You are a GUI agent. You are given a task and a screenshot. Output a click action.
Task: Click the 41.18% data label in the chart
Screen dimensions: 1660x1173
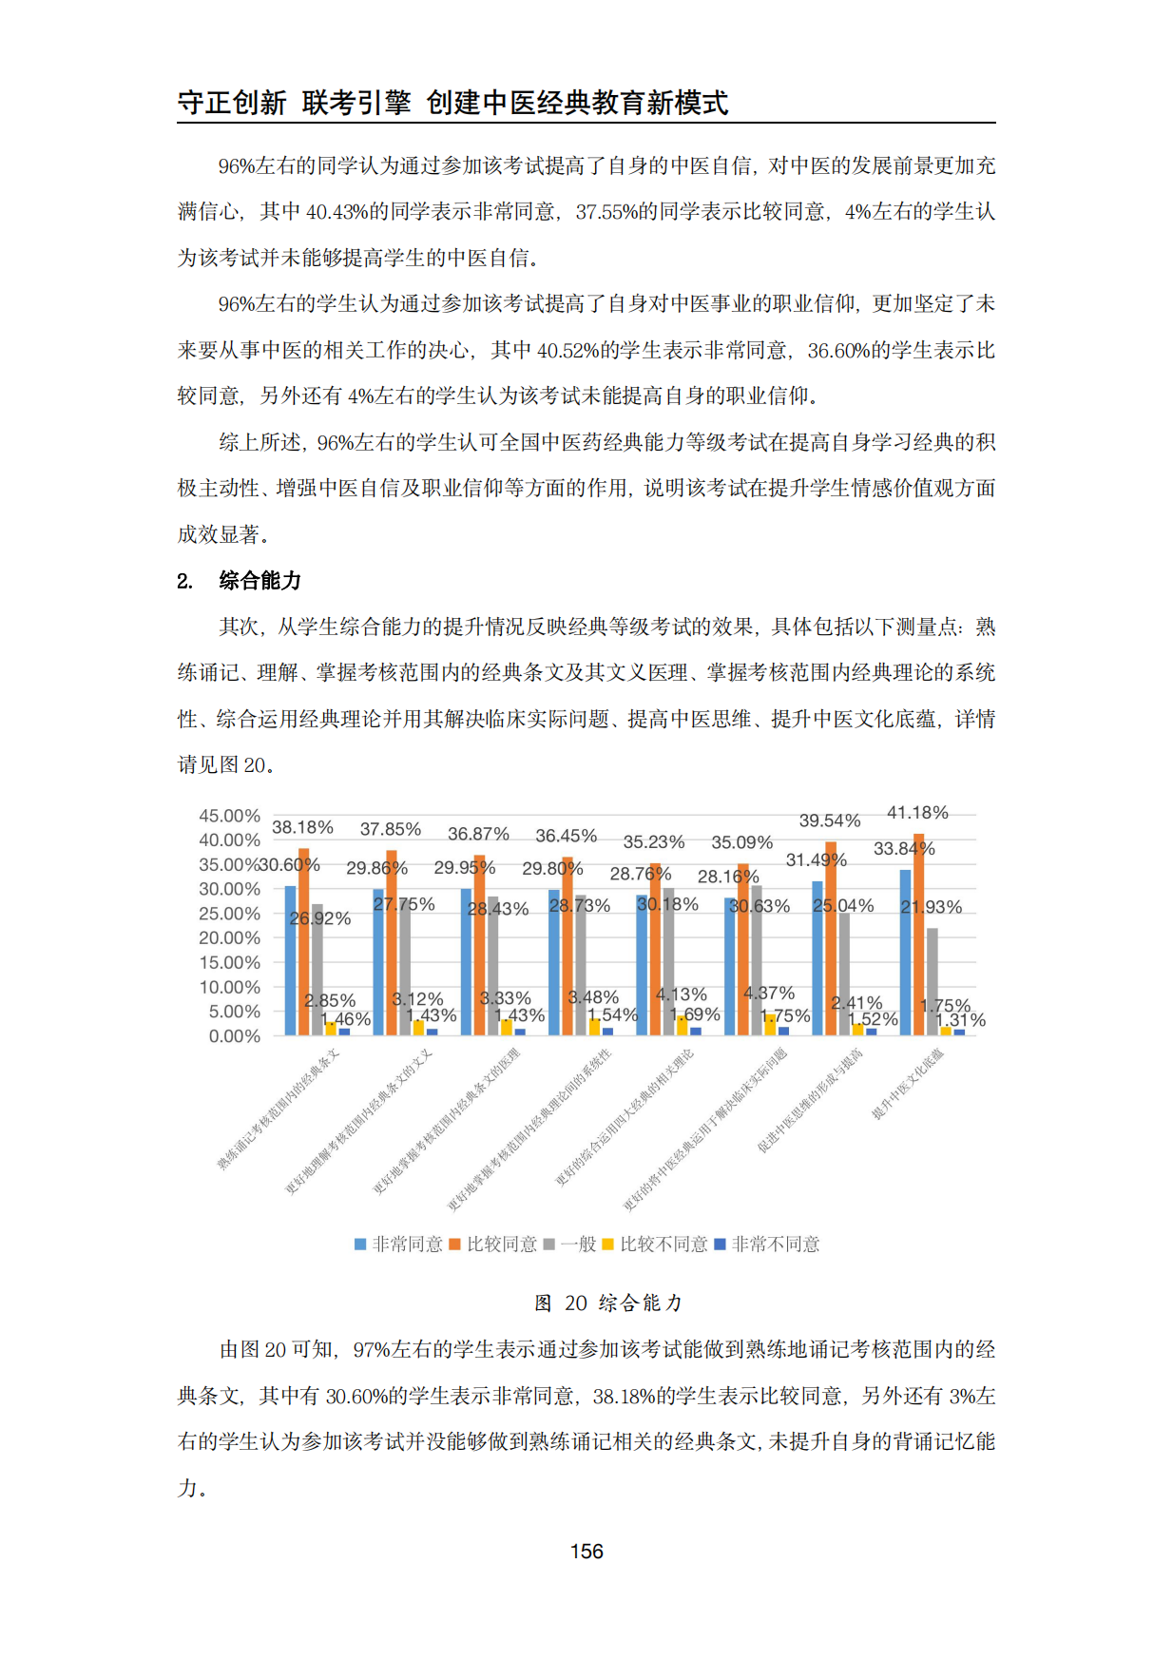[917, 813]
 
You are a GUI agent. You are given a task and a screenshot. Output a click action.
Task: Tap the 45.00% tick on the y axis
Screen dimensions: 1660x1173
[229, 816]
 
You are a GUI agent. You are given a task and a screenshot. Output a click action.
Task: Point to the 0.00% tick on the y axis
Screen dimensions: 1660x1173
[235, 1036]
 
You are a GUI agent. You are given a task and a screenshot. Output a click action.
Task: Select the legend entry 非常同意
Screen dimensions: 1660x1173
[398, 1245]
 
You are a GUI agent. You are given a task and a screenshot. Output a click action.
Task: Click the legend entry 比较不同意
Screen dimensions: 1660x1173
[655, 1245]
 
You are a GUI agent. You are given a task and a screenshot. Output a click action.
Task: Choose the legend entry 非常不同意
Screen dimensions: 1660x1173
[767, 1245]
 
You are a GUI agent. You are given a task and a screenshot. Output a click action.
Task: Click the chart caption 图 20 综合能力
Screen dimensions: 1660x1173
[608, 1303]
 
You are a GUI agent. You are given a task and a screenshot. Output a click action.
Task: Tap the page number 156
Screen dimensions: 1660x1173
[586, 1552]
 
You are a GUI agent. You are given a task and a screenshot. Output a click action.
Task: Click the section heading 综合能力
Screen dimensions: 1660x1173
[260, 580]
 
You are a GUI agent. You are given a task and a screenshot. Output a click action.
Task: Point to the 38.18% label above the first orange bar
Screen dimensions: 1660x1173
[302, 827]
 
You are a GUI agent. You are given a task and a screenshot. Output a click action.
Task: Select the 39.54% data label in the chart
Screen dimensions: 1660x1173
[829, 820]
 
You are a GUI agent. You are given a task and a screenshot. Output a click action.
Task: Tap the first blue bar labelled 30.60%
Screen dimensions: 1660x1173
[290, 960]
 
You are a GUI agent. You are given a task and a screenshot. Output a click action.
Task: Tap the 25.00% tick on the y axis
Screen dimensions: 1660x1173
[229, 914]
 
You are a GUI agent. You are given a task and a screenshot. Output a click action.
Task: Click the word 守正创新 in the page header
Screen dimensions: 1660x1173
[232, 103]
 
